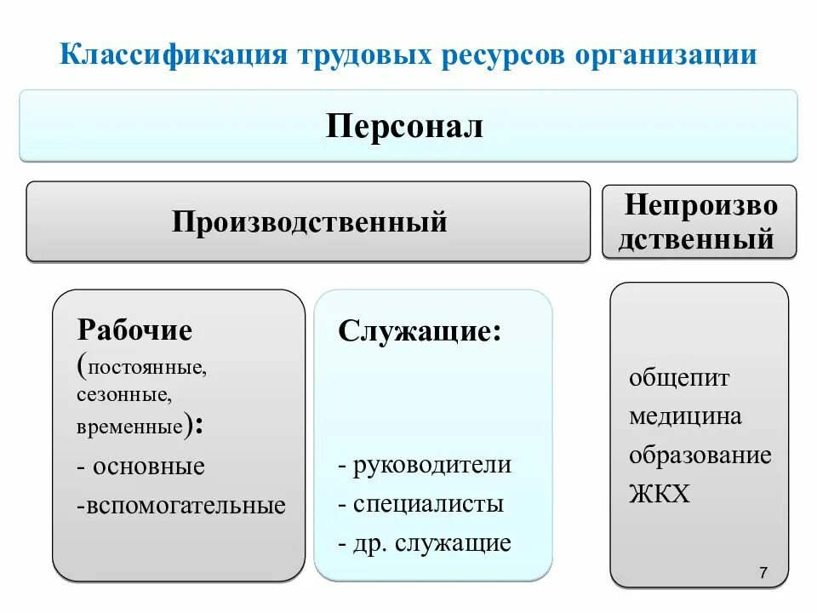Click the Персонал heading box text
coord(404,128)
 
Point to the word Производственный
coord(310,222)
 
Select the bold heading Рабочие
coord(134,329)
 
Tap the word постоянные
coord(145,369)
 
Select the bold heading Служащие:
coord(420,330)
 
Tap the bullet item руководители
coord(432,465)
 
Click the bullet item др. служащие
coord(431,542)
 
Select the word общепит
coord(679,378)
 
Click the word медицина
coord(685,416)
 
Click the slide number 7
coord(763,574)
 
